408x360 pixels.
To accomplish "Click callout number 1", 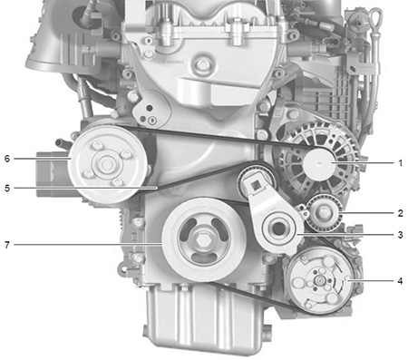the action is [x=401, y=163].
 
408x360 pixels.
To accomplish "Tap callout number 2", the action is [x=401, y=213].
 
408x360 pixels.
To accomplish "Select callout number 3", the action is [x=401, y=235].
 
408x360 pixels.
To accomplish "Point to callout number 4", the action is [x=401, y=281].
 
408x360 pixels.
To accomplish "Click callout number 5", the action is [x=7, y=189].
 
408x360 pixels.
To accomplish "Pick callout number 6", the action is [x=7, y=159].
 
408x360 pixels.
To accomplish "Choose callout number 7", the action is [x=7, y=245].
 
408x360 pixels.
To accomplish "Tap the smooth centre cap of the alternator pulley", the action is [x=319, y=163].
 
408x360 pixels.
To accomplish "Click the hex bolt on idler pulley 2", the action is [x=324, y=213].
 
